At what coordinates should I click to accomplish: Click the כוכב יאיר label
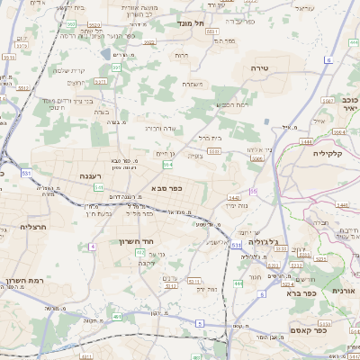(x=351, y=103)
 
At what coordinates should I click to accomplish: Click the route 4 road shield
(x=92, y=246)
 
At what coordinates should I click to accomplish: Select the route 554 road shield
(x=167, y=165)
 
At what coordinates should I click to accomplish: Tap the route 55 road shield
(x=254, y=191)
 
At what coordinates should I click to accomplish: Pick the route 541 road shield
(x=99, y=186)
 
